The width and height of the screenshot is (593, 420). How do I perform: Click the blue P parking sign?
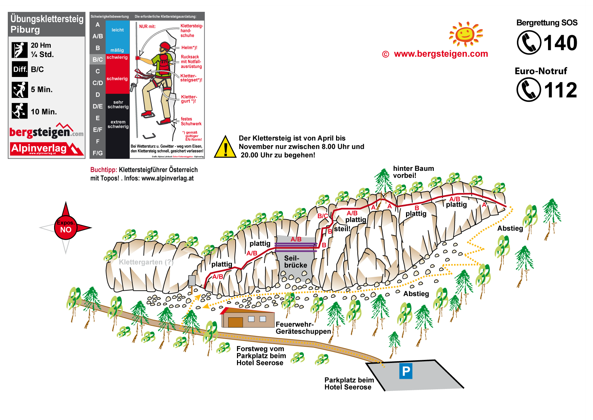[x=406, y=371]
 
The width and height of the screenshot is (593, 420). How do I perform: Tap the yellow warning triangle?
[x=225, y=148]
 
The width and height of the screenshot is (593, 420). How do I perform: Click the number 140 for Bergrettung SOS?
[x=560, y=43]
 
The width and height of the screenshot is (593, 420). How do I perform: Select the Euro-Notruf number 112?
[x=560, y=90]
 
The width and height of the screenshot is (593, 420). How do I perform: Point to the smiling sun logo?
[x=465, y=34]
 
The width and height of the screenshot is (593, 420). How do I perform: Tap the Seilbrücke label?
[x=295, y=262]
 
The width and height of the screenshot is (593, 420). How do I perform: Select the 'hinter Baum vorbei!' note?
[x=413, y=172]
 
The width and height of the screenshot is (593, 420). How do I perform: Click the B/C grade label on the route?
[x=323, y=216]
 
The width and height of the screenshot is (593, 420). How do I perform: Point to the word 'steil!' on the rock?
[x=342, y=229]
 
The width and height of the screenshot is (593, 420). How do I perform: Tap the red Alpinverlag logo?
[x=47, y=149]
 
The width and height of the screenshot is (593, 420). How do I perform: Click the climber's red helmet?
[x=165, y=46]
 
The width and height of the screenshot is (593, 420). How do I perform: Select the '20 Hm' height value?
[x=41, y=45]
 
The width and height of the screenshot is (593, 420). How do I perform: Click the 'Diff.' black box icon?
[x=20, y=69]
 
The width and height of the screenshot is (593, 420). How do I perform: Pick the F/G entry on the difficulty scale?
[x=98, y=153]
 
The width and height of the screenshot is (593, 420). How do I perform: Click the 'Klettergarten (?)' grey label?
[x=146, y=262]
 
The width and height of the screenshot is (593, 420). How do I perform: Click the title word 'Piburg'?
[x=25, y=30]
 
